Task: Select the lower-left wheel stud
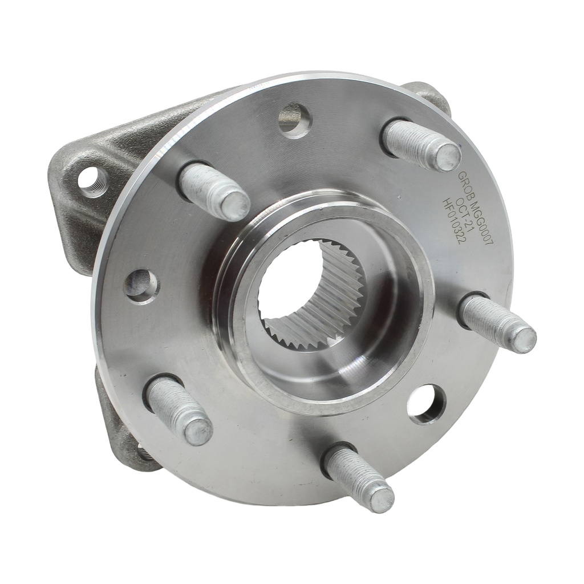pyautogui.click(x=178, y=409)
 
